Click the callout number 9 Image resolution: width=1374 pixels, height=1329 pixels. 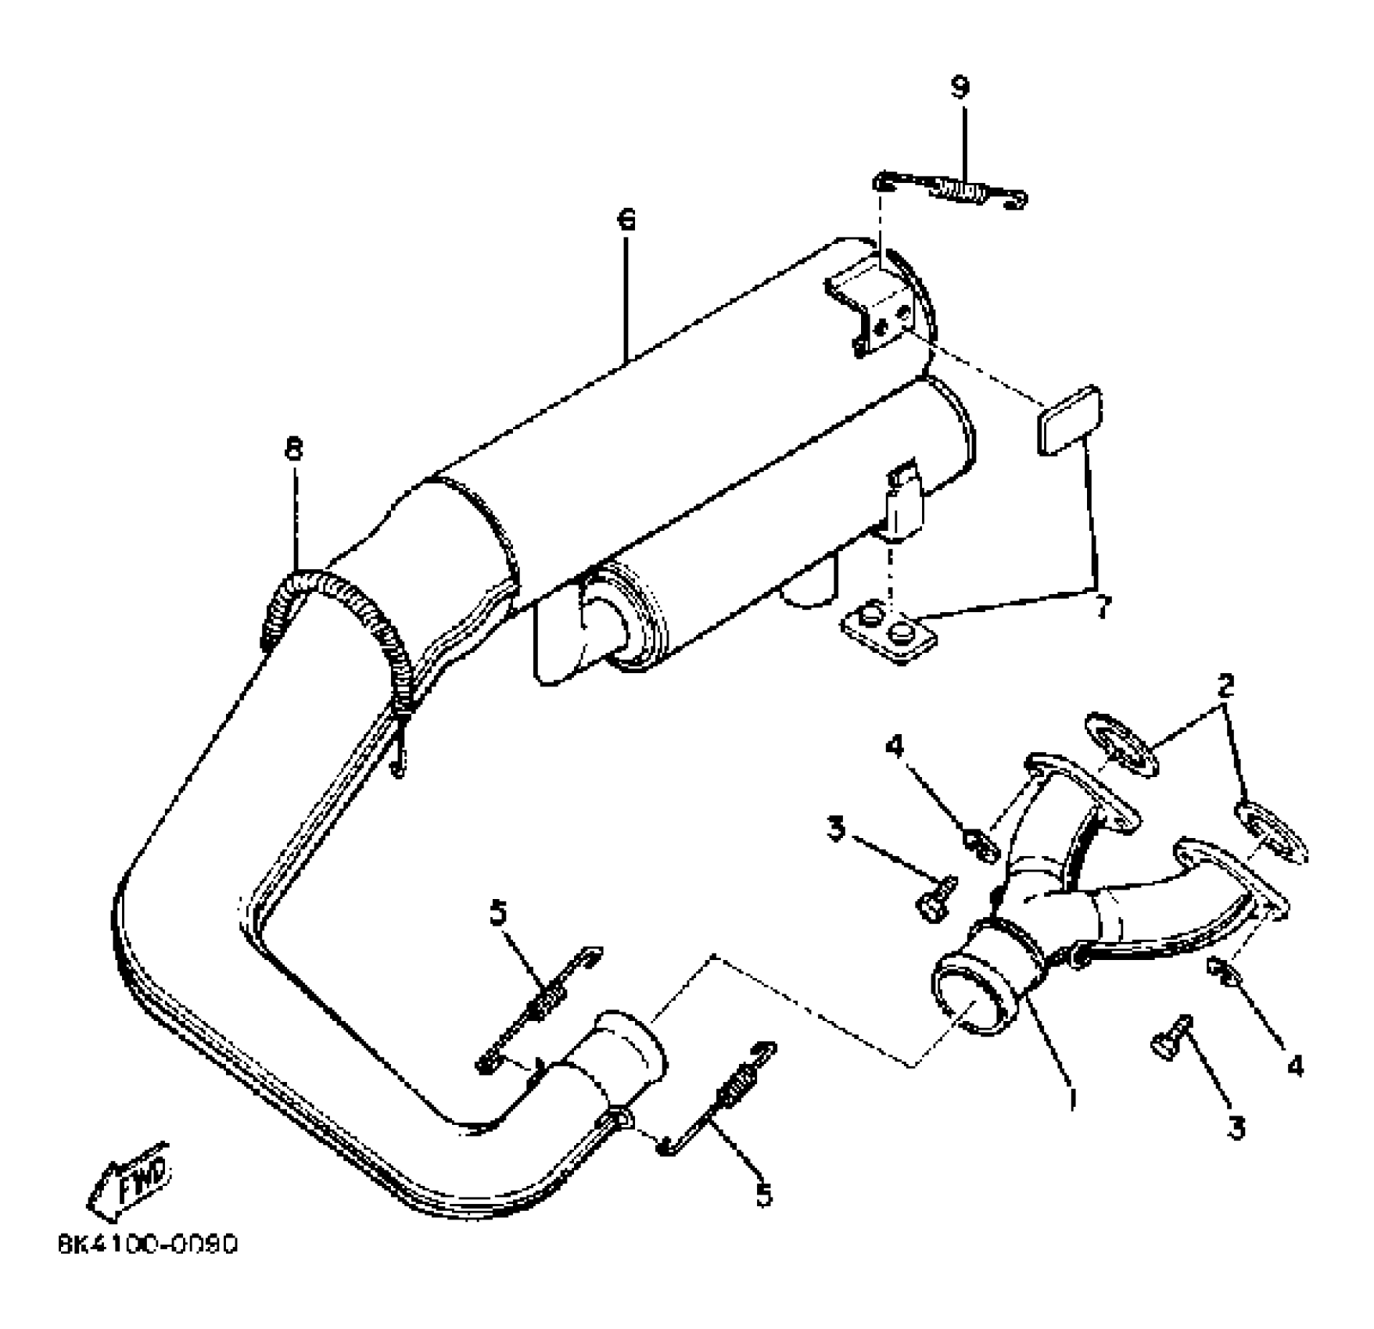960,87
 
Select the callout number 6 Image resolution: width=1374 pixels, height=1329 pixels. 626,220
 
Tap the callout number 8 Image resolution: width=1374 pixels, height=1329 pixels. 293,450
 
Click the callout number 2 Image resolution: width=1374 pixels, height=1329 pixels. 1225,686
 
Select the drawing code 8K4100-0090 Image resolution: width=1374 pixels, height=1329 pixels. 148,1244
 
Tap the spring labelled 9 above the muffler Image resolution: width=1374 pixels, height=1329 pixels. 950,191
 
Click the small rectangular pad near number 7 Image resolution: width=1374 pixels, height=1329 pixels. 1070,420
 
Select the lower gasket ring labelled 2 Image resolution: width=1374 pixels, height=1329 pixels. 1270,831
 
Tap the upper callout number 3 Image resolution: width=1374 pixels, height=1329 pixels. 837,829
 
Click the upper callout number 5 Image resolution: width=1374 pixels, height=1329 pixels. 498,912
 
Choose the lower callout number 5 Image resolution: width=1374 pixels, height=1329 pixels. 763,1194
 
